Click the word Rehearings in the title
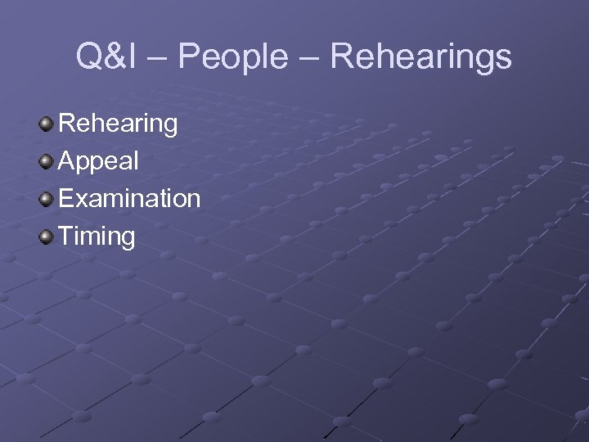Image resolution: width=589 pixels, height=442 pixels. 423,57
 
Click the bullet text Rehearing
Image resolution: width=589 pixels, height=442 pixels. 119,124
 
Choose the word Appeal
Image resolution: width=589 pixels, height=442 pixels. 99,161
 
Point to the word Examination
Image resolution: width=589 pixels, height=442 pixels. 129,198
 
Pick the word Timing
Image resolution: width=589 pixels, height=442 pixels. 97,237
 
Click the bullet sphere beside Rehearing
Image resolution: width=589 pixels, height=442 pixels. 47,124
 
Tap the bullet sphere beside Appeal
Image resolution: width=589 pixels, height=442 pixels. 47,161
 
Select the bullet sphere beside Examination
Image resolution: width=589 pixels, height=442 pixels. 47,199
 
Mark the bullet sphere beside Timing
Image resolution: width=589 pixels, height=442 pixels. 47,237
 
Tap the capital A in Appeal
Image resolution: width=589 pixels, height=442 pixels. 67,161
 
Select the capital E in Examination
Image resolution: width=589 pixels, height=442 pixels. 67,198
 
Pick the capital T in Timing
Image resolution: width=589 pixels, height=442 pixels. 67,236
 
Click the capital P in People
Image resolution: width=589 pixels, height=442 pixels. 187,57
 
